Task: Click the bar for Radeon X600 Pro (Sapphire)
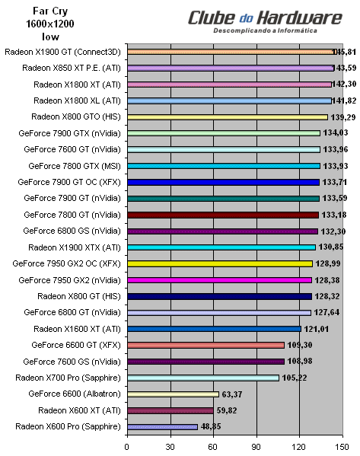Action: (x=162, y=426)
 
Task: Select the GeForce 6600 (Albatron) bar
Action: (x=173, y=394)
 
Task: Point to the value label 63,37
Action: (x=236, y=394)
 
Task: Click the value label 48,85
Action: (x=215, y=427)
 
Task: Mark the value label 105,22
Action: (x=298, y=378)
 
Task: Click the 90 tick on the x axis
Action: (x=257, y=446)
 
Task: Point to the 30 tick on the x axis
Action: (x=170, y=446)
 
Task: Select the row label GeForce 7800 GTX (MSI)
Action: (x=75, y=165)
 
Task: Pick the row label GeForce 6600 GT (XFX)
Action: (x=76, y=345)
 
